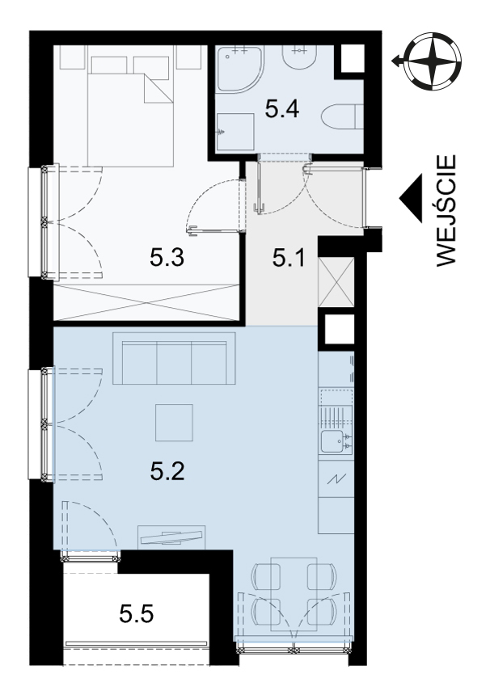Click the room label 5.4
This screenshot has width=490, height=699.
(x=281, y=109)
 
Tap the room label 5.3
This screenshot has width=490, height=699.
(x=167, y=257)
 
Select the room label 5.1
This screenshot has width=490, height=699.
(x=288, y=258)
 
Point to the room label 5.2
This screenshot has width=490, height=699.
(x=167, y=471)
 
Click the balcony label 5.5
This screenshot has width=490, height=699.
(x=137, y=614)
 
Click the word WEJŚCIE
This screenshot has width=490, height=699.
(x=446, y=211)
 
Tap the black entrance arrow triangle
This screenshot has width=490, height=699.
(x=411, y=198)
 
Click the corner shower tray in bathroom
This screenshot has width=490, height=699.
(x=239, y=69)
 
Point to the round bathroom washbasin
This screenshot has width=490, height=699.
(x=299, y=57)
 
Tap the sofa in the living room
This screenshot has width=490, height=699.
(x=174, y=358)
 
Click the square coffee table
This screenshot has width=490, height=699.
(x=174, y=422)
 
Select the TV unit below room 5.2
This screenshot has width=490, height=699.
(x=171, y=537)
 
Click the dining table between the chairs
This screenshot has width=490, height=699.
(x=294, y=594)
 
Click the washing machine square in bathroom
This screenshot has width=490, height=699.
(x=235, y=132)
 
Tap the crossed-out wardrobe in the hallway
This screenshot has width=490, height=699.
(x=336, y=282)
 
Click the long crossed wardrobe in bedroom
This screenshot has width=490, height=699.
(x=146, y=301)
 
